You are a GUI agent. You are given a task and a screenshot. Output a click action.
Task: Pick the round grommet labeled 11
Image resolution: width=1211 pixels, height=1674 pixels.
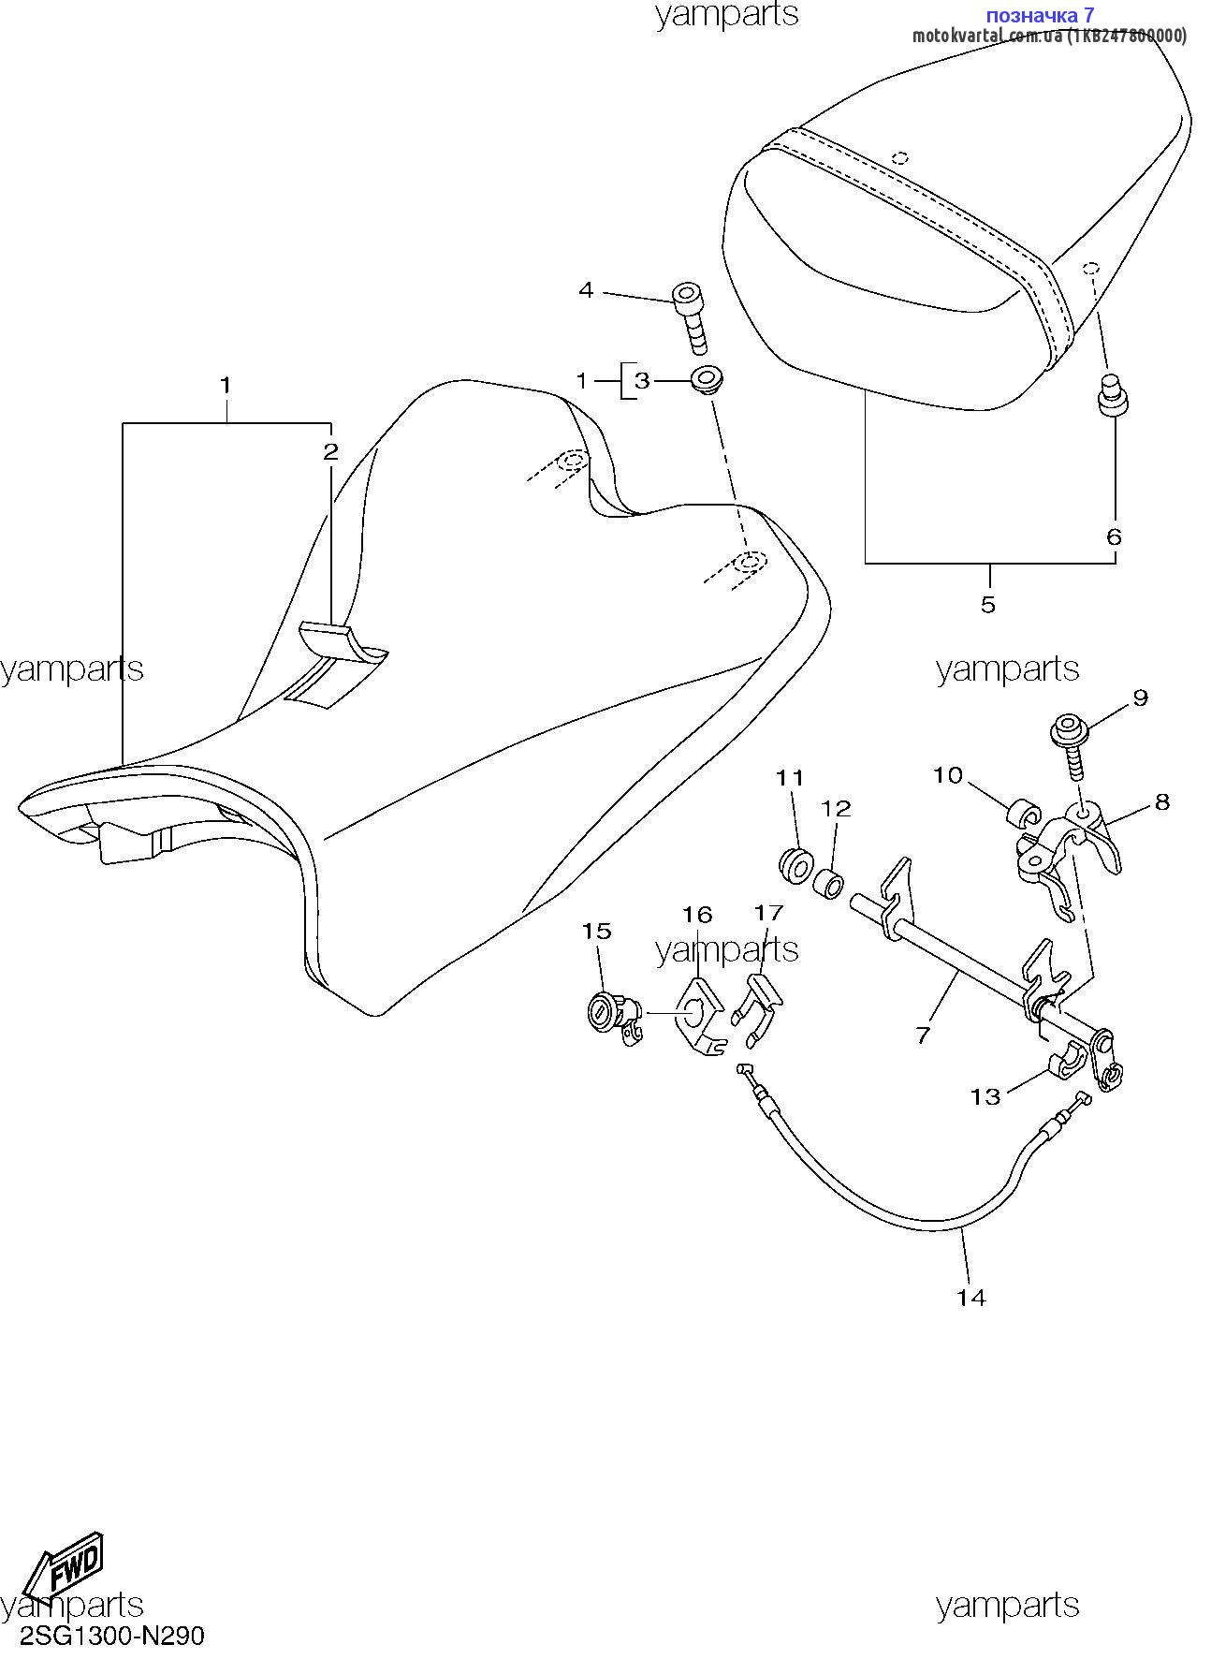(795, 862)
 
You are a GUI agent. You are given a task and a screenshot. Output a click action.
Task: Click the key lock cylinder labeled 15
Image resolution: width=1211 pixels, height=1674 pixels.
(614, 1019)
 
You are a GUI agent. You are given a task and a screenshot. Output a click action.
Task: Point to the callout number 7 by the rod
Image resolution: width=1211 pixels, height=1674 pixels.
(923, 1035)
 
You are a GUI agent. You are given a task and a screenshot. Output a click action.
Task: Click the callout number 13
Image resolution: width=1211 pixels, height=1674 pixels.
(985, 1095)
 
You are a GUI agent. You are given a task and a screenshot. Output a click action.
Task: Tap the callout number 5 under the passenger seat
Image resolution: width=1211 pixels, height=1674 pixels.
(988, 604)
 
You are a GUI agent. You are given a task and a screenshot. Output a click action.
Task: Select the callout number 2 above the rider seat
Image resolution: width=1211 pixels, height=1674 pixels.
(330, 452)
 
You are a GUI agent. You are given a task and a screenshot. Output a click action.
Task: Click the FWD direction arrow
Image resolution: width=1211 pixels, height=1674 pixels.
(63, 1564)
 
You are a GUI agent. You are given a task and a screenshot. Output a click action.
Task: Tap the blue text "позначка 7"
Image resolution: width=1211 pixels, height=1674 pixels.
(1041, 14)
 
